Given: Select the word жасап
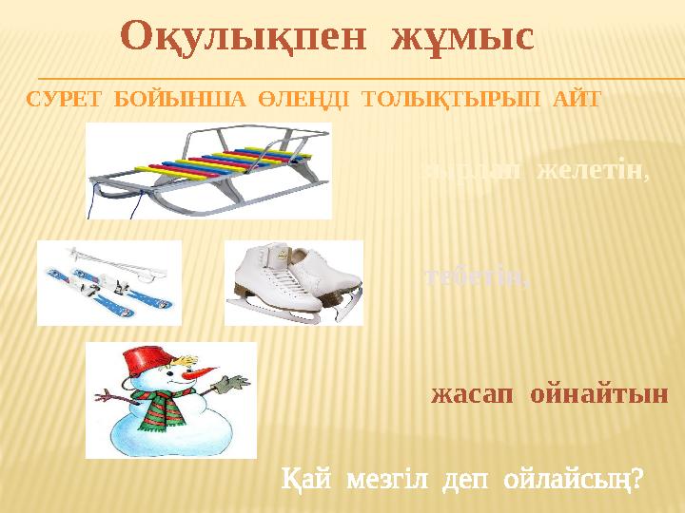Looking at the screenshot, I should click(x=464, y=393).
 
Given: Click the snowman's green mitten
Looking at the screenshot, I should click(x=229, y=383).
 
